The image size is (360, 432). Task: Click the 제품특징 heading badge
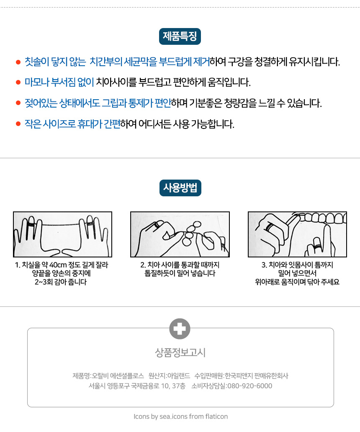(x=180, y=36)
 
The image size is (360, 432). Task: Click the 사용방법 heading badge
(x=180, y=188)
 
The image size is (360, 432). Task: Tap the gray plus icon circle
(x=180, y=329)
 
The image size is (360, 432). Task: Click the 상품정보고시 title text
(x=180, y=352)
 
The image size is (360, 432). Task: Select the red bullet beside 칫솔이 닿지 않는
(x=18, y=62)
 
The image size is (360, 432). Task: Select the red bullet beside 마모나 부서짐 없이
(x=18, y=82)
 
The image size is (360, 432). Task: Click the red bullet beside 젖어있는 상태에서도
(x=18, y=103)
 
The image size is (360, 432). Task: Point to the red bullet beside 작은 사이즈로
(x=18, y=124)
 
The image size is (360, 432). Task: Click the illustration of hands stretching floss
(x=62, y=234)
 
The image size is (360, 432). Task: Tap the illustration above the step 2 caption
(x=180, y=234)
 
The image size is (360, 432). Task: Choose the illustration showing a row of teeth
(x=297, y=234)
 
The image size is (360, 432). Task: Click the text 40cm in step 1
(x=58, y=265)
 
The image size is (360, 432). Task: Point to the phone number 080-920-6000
(x=249, y=386)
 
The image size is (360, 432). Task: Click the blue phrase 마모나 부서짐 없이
(x=59, y=82)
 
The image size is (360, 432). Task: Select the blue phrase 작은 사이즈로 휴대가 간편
(x=72, y=124)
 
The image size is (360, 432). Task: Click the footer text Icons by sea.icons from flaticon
(x=181, y=417)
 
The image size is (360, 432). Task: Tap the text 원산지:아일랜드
(x=169, y=376)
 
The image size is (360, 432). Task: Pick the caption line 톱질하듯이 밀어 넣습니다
(x=180, y=274)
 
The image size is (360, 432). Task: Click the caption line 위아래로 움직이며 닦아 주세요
(x=297, y=282)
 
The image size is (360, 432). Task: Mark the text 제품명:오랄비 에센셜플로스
(x=108, y=376)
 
